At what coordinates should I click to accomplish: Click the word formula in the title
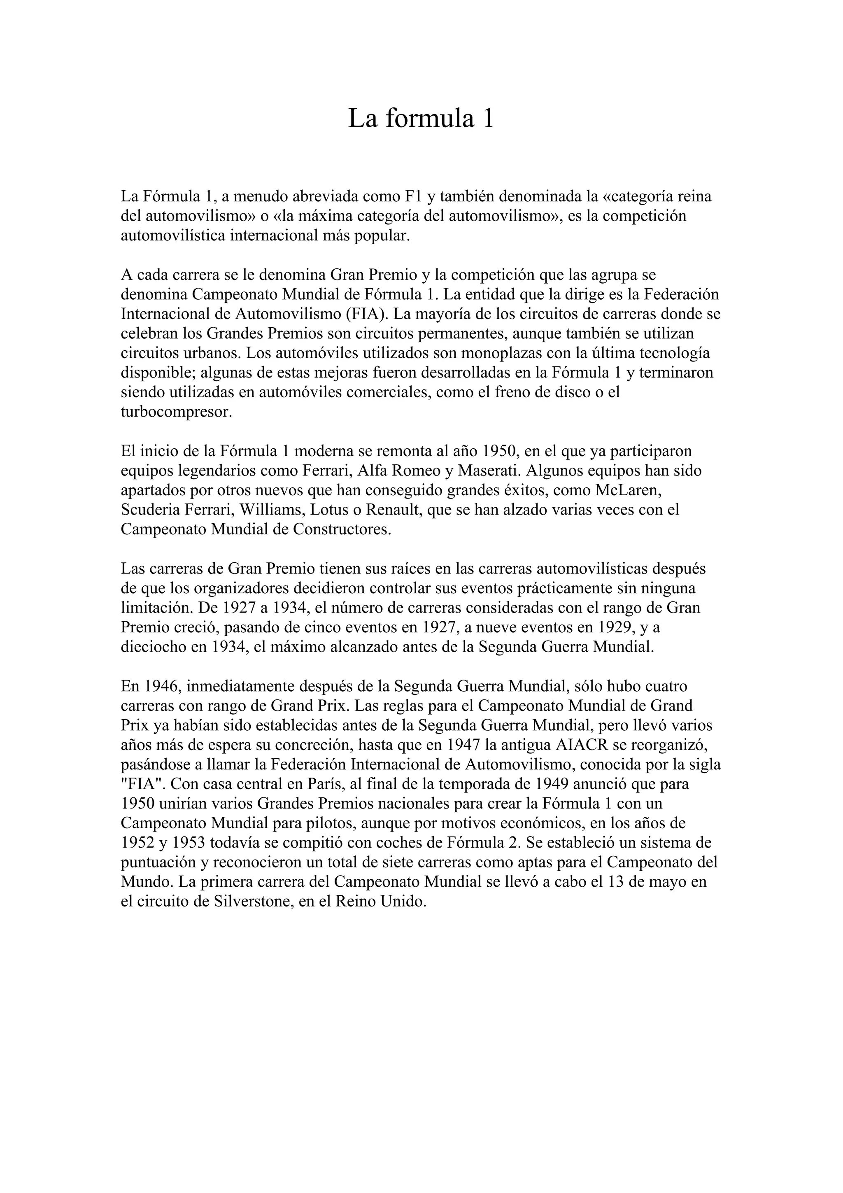[430, 119]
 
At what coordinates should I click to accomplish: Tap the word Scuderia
[150, 510]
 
